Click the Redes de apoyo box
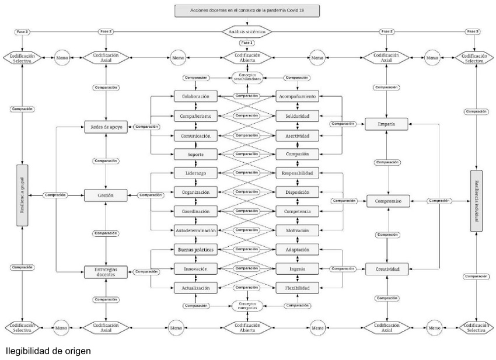[x=107, y=127]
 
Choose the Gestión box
[x=106, y=195]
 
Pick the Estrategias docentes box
[x=106, y=271]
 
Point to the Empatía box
[x=386, y=124]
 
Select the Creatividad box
[x=386, y=270]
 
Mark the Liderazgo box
[x=195, y=173]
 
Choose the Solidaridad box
[x=298, y=116]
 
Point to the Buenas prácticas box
[x=195, y=249]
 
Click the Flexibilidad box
[x=298, y=288]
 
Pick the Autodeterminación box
[x=195, y=230]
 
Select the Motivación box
[x=298, y=230]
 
